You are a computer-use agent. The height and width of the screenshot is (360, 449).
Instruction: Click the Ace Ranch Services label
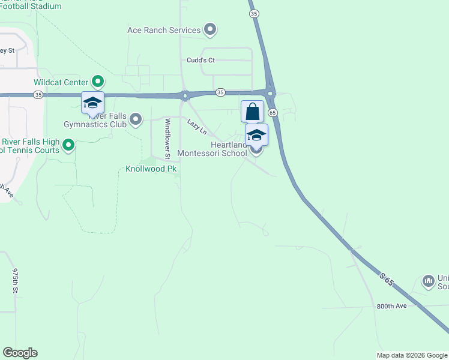coord(163,30)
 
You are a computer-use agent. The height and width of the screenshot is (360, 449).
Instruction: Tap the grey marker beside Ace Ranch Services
coord(210,29)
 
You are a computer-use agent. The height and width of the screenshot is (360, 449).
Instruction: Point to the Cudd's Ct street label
coord(200,60)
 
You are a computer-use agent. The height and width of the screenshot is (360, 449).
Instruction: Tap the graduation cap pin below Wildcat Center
coord(93,103)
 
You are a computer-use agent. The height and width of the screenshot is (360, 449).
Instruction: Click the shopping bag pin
coord(253,111)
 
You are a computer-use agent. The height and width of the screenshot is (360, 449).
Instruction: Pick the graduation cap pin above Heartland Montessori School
coord(256,135)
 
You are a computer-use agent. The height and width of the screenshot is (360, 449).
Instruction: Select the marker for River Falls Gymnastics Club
coord(136,119)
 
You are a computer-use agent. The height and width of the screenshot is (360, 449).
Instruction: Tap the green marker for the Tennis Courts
coord(69,145)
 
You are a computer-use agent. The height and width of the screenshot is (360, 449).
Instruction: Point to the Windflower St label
coord(168,138)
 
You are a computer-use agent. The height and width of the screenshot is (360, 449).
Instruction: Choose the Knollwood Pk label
coord(151,169)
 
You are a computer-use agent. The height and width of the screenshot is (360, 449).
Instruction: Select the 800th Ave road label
coord(392,306)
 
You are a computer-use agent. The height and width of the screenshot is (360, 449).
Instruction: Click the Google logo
coord(20,353)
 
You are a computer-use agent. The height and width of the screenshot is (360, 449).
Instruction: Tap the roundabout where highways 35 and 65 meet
coord(271,93)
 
